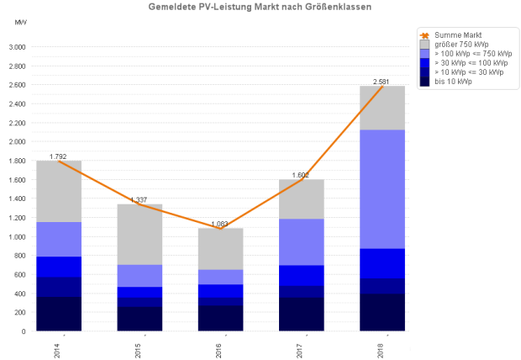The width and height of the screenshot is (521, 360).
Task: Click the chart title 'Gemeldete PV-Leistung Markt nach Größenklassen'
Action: coord(260,7)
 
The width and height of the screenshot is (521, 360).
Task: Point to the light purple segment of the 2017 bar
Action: coord(302,241)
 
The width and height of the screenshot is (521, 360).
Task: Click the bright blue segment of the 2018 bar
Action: coord(382,263)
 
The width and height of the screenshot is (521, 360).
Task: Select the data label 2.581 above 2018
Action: coord(382,82)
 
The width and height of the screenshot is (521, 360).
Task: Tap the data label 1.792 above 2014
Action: coord(58,156)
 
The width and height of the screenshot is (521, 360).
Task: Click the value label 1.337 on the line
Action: coord(139,199)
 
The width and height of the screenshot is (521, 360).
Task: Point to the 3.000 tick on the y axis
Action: coord(17,47)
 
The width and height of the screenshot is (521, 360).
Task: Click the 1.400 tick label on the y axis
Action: coord(17,199)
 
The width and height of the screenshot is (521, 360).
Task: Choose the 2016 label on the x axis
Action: coord(219,347)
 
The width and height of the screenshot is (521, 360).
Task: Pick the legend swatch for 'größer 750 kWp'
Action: coord(425,44)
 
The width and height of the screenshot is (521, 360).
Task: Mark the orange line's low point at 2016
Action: coord(220,228)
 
